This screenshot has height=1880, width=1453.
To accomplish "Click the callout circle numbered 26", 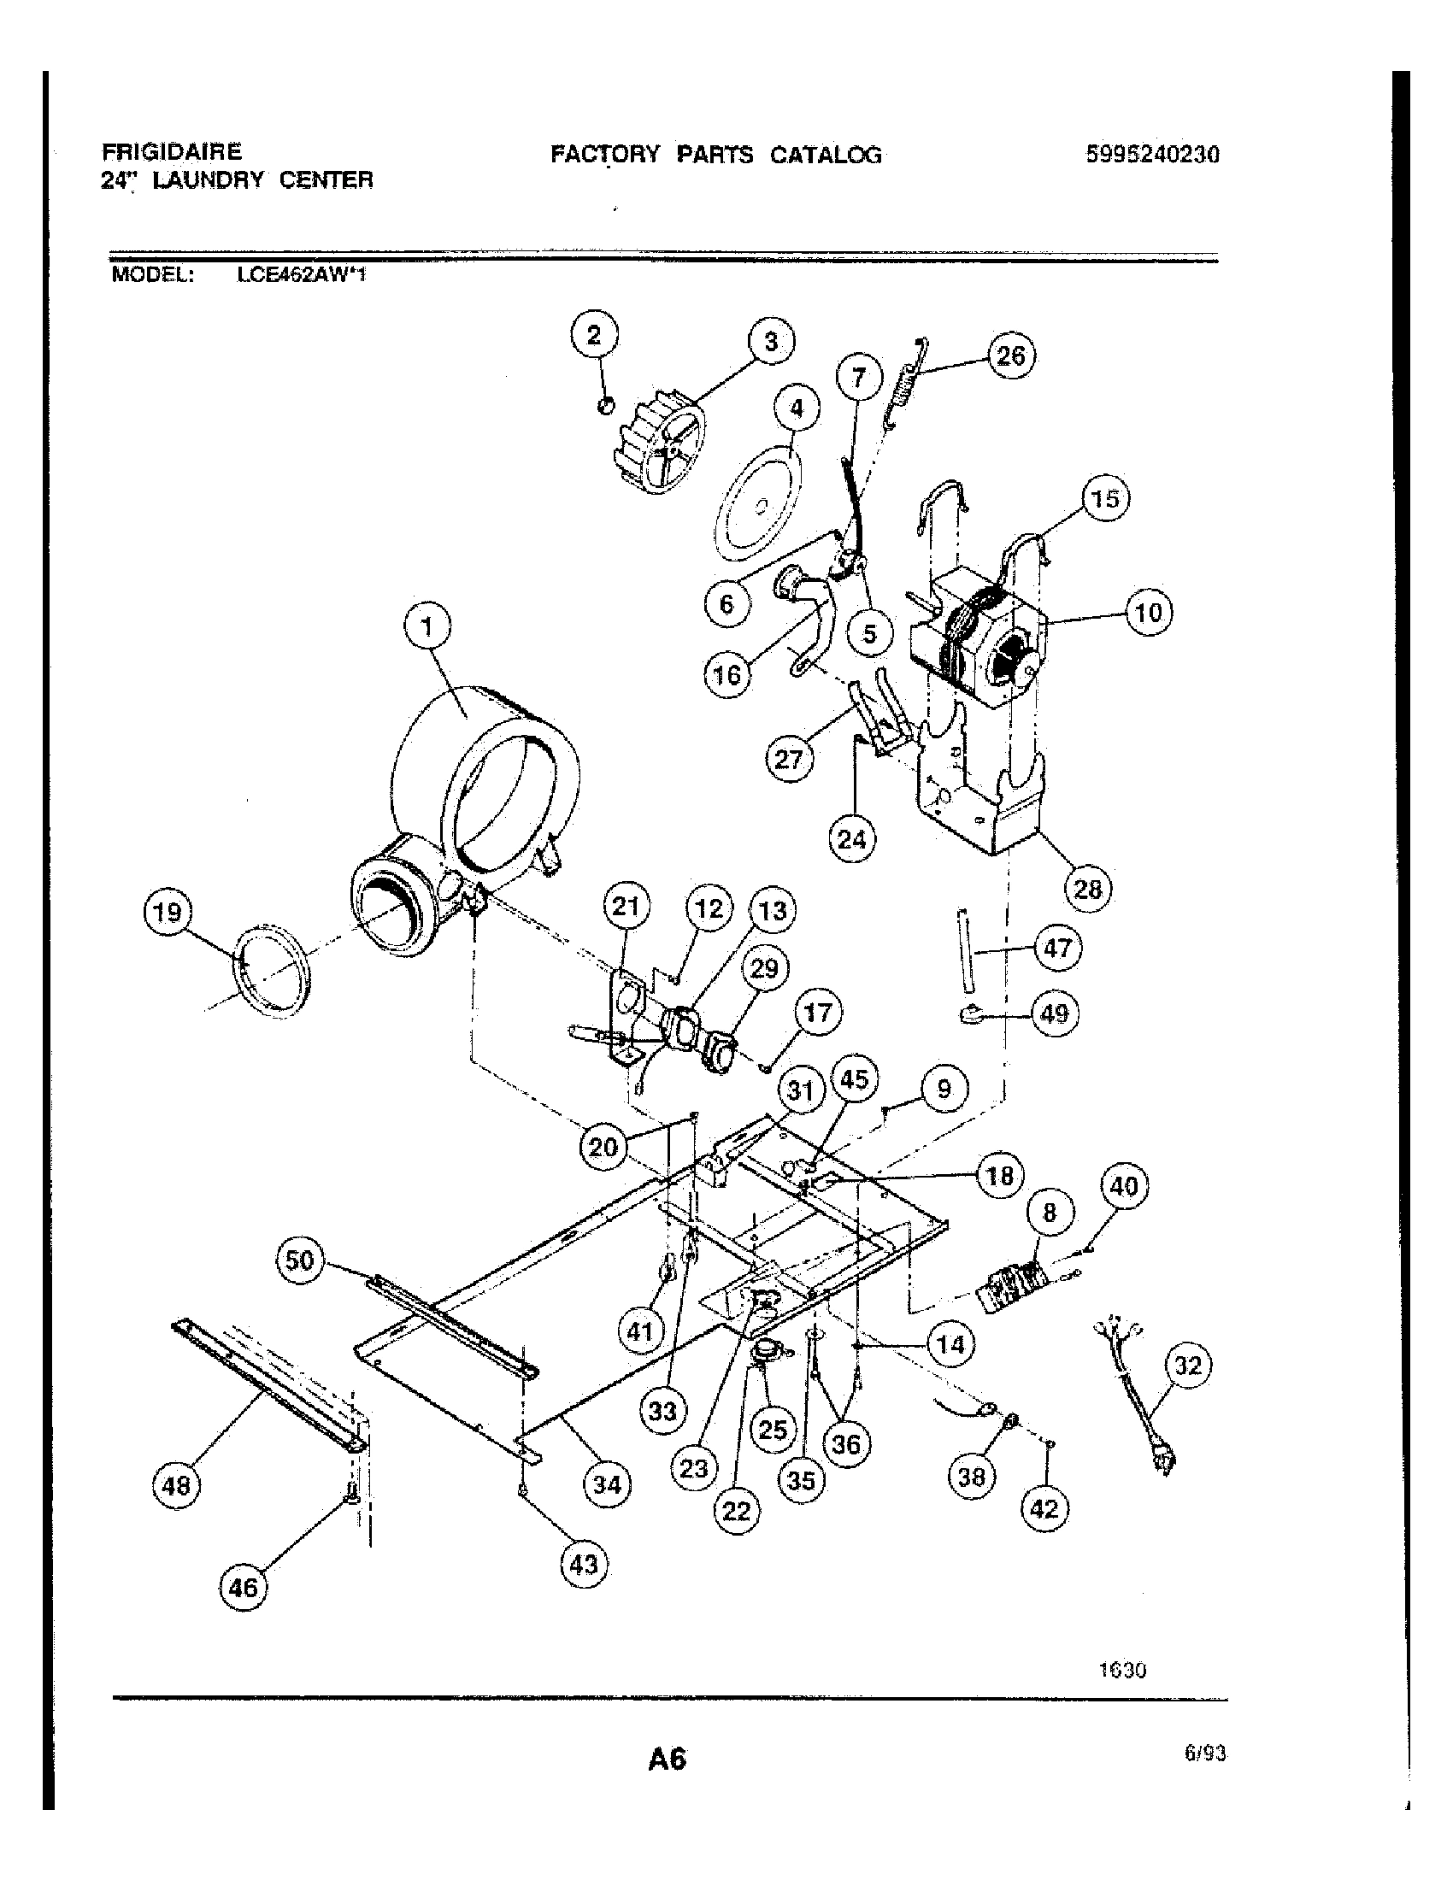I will click(x=1010, y=355).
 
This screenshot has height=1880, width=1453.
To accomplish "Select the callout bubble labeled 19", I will click(x=167, y=912).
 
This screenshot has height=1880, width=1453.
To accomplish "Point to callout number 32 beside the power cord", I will click(x=1188, y=1366).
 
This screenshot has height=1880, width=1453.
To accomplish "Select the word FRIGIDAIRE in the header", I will click(x=172, y=152).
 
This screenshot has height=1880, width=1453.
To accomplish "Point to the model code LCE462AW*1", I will click(x=301, y=276).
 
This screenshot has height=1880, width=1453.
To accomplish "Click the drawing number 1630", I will click(x=1122, y=1670).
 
